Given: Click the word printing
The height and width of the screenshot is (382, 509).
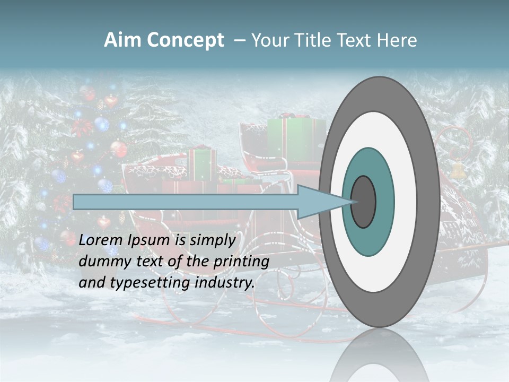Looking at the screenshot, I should click(x=241, y=262).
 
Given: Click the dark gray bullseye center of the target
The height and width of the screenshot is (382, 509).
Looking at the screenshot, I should click(x=364, y=202).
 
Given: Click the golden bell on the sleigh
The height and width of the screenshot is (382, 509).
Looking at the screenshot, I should click(x=458, y=170).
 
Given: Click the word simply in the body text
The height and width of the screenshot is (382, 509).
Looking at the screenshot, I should click(x=212, y=240).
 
